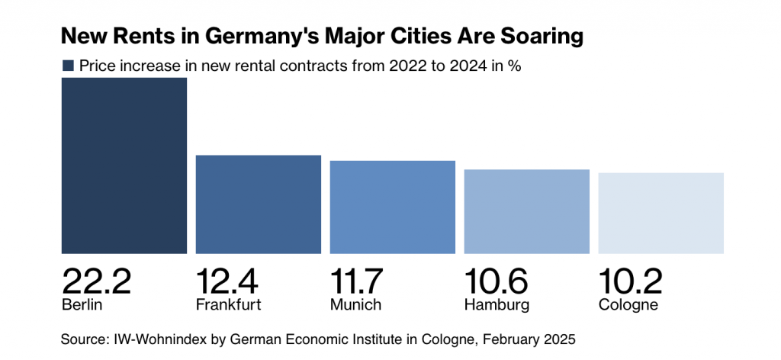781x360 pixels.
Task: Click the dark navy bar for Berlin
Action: click(x=124, y=166)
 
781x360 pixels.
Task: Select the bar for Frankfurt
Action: click(x=259, y=204)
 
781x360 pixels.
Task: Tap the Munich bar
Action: click(x=393, y=207)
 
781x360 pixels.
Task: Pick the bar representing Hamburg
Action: click(x=527, y=211)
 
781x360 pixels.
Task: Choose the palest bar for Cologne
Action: click(x=661, y=213)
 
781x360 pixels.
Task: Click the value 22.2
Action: click(x=97, y=281)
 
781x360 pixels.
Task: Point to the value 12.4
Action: click(x=227, y=281)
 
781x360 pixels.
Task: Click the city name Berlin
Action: click(x=82, y=305)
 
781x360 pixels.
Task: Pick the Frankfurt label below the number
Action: click(x=229, y=305)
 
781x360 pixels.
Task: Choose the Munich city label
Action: click(x=355, y=305)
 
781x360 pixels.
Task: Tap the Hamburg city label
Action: click(x=497, y=305)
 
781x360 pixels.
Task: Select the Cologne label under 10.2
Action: click(x=628, y=305)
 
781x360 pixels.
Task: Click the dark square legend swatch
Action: click(x=68, y=66)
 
